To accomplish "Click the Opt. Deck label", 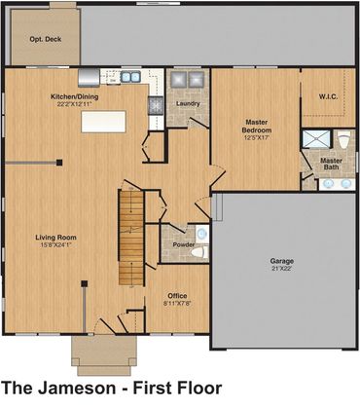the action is click(x=46, y=39).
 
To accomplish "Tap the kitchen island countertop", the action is click(x=103, y=122).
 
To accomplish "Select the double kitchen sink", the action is click(x=130, y=77).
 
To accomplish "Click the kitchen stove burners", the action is click(x=155, y=105).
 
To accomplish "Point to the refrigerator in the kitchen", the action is click(x=89, y=78).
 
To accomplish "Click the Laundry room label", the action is click(x=188, y=103).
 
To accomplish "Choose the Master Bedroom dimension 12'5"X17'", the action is click(x=257, y=137).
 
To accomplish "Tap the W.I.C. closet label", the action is click(x=328, y=96).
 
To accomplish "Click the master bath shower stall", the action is click(x=316, y=139).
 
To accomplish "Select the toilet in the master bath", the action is click(x=344, y=139).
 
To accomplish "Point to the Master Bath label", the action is click(x=331, y=164).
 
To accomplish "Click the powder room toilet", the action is click(x=199, y=252).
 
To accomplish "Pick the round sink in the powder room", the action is click(x=202, y=234).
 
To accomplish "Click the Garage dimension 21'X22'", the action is click(x=282, y=269).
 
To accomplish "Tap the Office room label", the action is click(x=177, y=296).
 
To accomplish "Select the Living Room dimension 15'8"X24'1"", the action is click(x=55, y=245).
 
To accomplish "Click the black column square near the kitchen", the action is click(x=59, y=163).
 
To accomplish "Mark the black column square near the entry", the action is click(x=85, y=283).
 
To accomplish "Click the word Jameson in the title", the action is click(x=77, y=388).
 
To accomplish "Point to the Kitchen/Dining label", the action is click(x=75, y=96).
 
